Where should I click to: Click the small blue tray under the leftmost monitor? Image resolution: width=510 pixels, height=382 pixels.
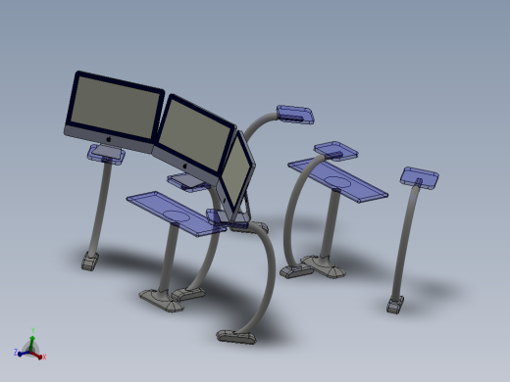click(108, 153)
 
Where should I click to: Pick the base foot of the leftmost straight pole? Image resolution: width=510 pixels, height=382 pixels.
click(89, 262)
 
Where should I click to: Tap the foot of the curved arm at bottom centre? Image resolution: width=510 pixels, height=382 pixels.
click(235, 337)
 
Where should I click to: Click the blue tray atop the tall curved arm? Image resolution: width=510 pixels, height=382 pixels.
click(295, 115)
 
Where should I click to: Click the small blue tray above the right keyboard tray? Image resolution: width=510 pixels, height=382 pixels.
click(334, 151)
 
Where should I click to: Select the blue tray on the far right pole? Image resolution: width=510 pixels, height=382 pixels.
click(420, 177)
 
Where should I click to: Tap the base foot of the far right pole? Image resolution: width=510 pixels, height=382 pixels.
click(395, 306)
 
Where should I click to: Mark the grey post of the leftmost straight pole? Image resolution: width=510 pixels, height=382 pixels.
click(97, 211)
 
